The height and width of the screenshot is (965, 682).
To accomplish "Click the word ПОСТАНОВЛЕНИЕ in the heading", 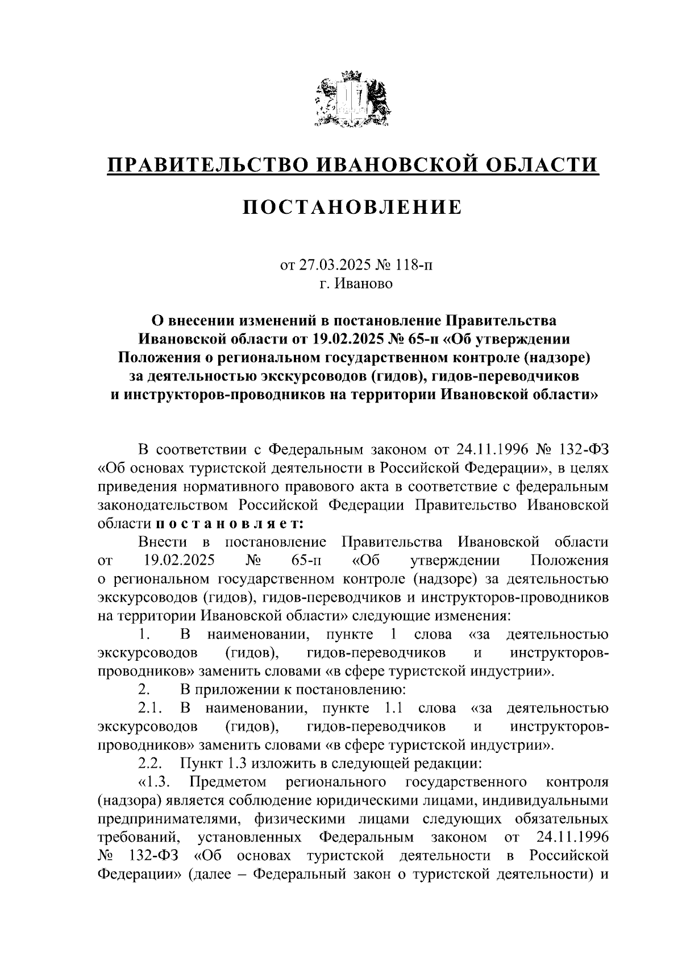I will coord(353,208).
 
